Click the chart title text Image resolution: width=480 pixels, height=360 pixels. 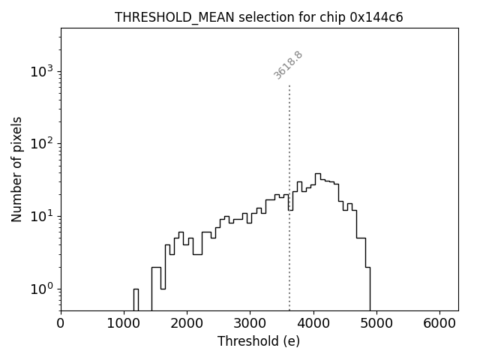(259, 17)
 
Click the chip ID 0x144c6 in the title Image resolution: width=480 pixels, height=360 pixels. (376, 17)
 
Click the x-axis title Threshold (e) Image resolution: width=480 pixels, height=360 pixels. (259, 341)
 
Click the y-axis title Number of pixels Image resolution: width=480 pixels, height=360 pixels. (16, 169)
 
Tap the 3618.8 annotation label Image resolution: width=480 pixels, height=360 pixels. (288, 65)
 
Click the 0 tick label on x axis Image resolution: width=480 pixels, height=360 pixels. (61, 324)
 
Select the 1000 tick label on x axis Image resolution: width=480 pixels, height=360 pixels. (124, 324)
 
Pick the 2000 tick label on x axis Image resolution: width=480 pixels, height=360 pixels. (187, 324)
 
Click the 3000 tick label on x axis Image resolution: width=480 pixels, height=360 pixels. (250, 324)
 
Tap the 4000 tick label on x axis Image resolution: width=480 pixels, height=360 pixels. (313, 324)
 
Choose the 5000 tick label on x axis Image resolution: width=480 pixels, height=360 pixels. (376, 324)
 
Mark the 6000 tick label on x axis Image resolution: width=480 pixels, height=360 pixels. (439, 324)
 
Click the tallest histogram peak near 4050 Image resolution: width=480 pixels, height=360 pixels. (317, 174)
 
